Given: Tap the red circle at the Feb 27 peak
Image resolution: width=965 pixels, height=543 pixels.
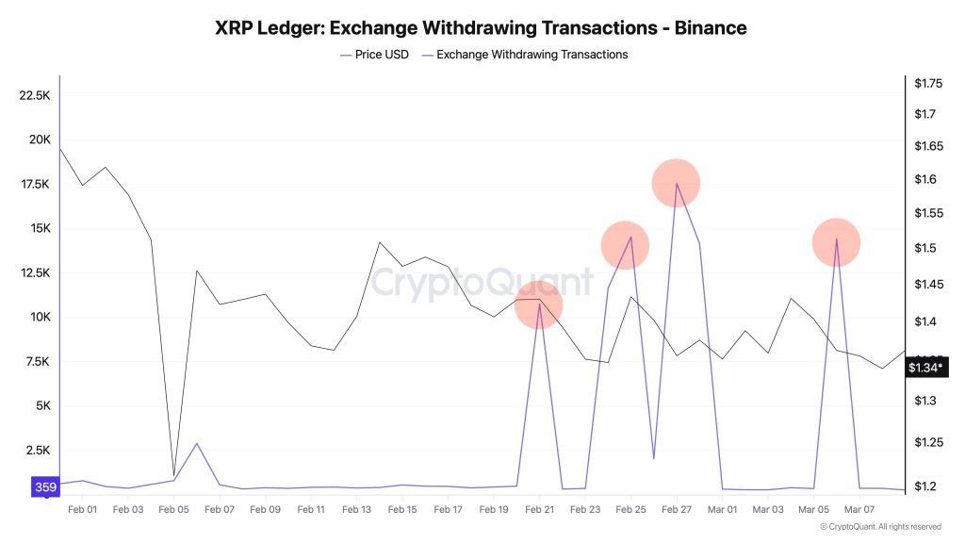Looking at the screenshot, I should pyautogui.click(x=676, y=183).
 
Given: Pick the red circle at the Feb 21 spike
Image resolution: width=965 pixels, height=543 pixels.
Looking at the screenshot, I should pyautogui.click(x=539, y=305).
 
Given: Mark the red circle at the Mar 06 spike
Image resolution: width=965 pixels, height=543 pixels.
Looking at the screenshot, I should pyautogui.click(x=836, y=242).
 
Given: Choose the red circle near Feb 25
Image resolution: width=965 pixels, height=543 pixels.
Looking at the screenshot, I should pyautogui.click(x=625, y=245).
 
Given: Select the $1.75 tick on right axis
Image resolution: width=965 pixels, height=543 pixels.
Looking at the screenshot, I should pyautogui.click(x=927, y=84).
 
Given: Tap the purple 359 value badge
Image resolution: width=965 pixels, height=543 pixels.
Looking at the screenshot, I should pyautogui.click(x=44, y=487).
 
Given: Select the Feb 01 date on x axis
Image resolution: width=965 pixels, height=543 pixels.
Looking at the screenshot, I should pyautogui.click(x=83, y=509).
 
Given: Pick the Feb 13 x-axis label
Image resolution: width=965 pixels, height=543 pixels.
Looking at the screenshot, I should pyautogui.click(x=356, y=509).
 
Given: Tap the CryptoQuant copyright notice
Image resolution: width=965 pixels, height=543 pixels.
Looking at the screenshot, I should pyautogui.click(x=880, y=527).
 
